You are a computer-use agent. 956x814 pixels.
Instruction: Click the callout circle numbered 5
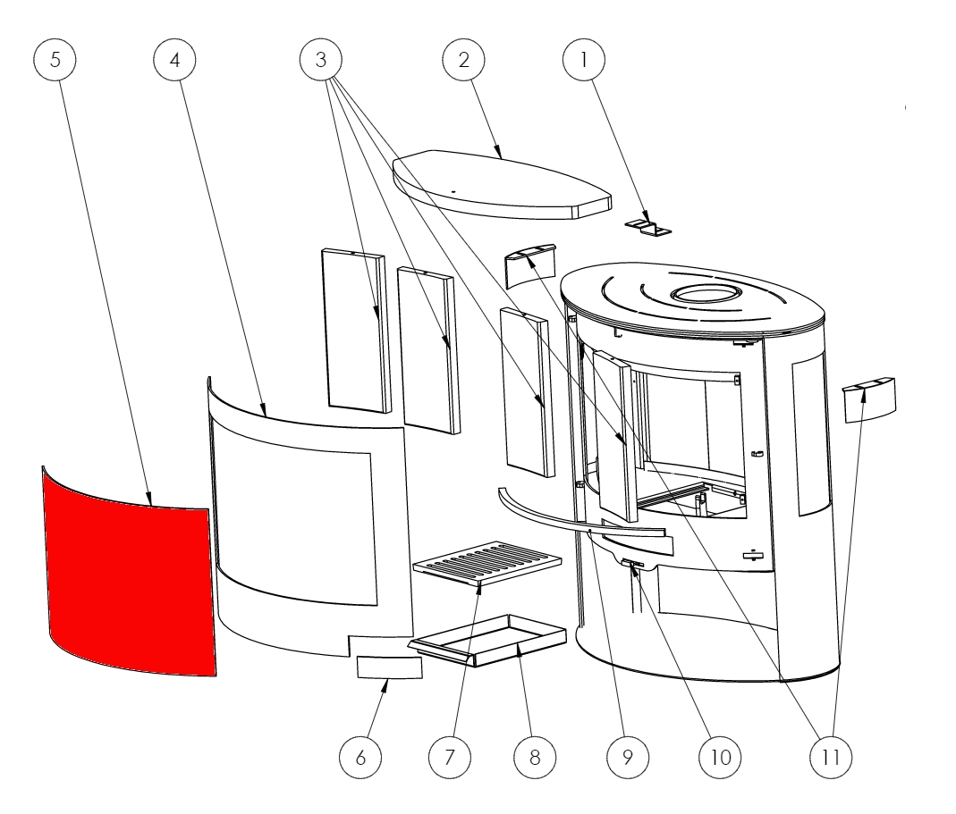coord(55,60)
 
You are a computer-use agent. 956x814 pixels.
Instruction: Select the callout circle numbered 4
coord(175,60)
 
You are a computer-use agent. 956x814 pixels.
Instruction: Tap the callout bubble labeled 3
coord(321,60)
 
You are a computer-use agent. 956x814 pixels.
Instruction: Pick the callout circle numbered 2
coord(463,60)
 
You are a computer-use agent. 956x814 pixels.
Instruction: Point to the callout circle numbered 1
coord(583,60)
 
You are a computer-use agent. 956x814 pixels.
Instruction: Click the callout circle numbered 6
coord(360,758)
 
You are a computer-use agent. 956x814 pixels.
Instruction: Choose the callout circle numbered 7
coord(449,758)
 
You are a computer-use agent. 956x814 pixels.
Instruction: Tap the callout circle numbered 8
coord(535,758)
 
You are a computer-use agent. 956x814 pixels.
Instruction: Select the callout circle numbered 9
coord(628,758)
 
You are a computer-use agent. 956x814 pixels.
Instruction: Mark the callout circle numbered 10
coord(720,758)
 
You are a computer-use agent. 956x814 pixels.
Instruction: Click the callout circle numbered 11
coord(831,758)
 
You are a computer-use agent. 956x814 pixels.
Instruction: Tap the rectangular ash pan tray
coord(486,641)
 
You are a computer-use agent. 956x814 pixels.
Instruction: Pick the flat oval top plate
coord(502,185)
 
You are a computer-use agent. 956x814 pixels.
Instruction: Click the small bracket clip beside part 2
coord(647,227)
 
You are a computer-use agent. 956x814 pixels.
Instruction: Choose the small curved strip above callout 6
coord(389,667)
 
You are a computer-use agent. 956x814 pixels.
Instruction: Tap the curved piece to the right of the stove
coord(869,399)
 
